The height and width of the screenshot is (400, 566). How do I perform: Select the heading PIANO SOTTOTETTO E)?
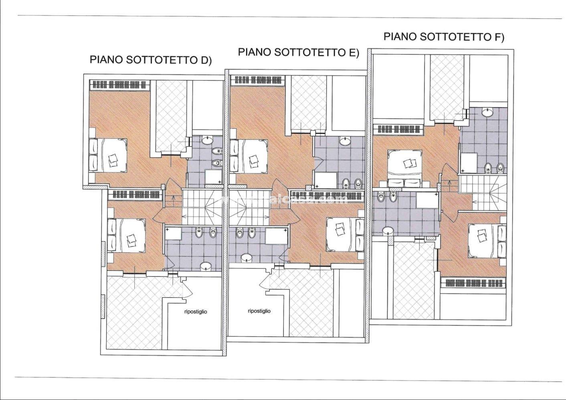click(x=298, y=52)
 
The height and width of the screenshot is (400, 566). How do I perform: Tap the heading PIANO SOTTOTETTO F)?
click(x=444, y=37)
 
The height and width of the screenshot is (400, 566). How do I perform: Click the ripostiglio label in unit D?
click(x=196, y=312)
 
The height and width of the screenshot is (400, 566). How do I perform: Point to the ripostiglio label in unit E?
click(x=259, y=311)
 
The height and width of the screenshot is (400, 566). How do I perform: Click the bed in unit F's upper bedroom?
click(x=405, y=166)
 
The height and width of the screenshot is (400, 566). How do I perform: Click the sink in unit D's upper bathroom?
click(x=207, y=140)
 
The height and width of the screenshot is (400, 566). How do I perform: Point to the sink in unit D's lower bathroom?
click(x=206, y=266)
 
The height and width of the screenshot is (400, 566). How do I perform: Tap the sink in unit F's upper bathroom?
click(x=487, y=113)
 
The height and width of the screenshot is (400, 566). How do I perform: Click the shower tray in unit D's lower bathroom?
click(x=173, y=235)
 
